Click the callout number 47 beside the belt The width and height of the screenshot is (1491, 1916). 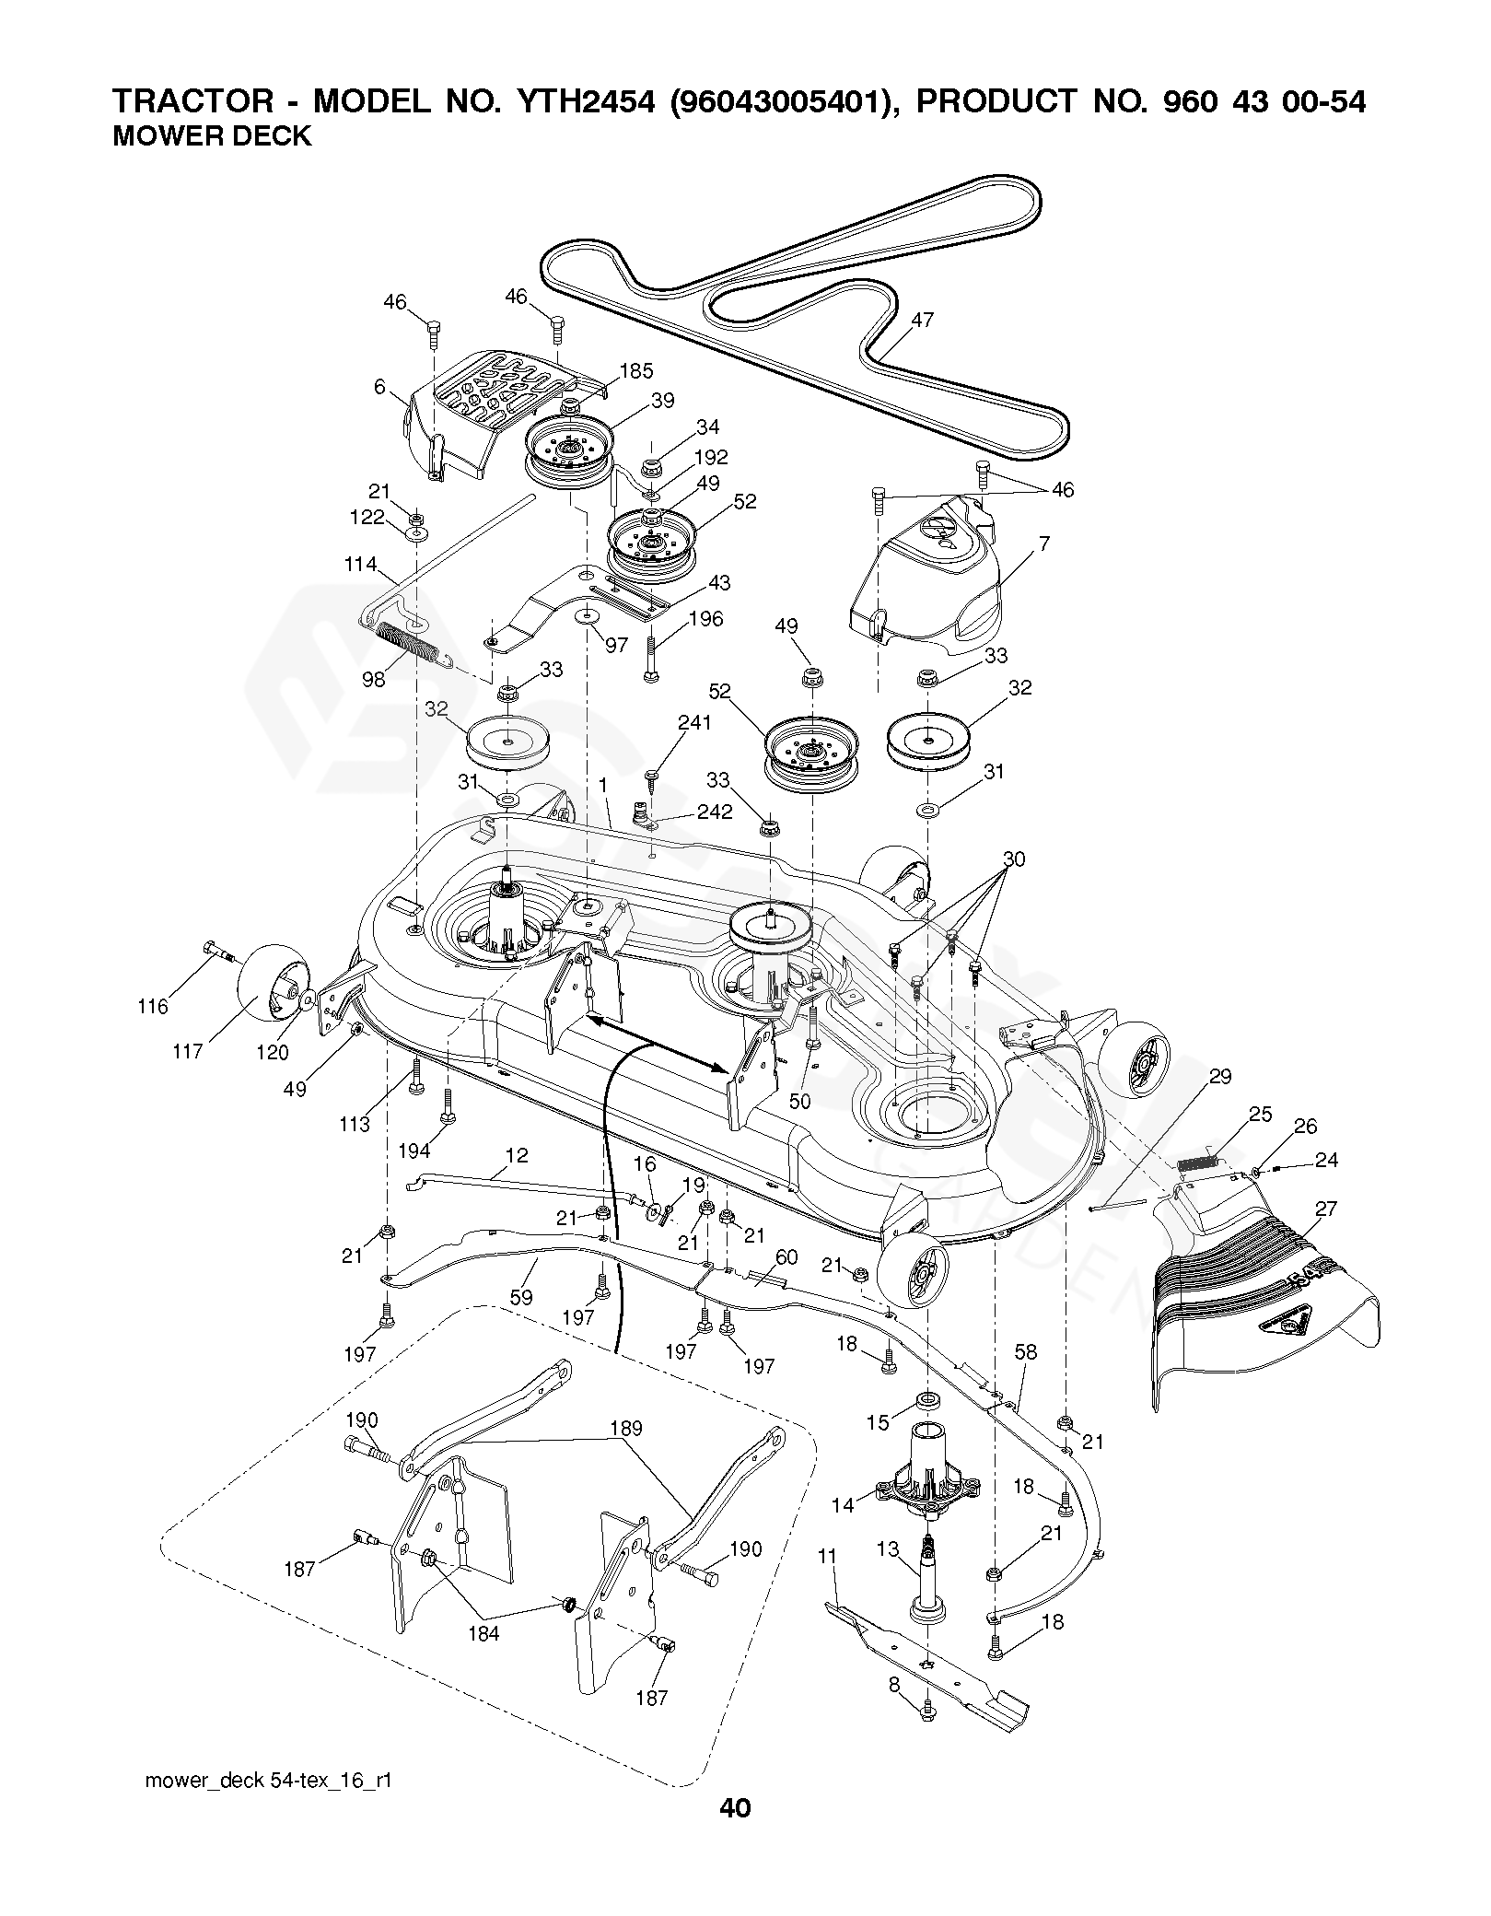[922, 320]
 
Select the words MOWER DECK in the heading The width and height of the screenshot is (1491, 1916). [211, 136]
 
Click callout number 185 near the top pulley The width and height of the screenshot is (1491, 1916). [636, 370]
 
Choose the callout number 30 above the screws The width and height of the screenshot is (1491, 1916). [1014, 859]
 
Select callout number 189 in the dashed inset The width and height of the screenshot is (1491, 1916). [625, 1428]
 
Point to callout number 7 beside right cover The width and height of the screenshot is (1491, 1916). [1043, 543]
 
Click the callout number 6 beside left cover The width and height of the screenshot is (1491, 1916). [379, 388]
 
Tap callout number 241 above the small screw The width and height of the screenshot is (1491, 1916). [694, 723]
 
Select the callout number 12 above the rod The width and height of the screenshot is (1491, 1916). [518, 1154]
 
